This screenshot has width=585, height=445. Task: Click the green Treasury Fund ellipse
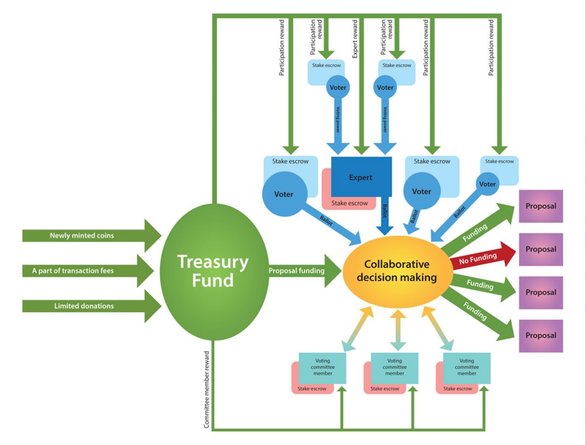tap(214, 271)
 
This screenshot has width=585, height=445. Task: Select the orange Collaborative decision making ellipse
tap(397, 271)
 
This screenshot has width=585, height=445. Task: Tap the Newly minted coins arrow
tap(92, 235)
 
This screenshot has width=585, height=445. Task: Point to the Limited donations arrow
tap(92, 307)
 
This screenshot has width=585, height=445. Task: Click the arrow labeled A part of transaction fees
tap(88, 271)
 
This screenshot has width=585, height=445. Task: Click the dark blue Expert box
tap(361, 177)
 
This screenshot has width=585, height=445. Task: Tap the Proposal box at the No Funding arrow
tap(541, 250)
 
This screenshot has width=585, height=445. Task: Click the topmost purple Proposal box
tap(541, 206)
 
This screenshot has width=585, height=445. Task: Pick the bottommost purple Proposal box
tap(541, 336)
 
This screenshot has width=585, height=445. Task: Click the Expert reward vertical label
tap(355, 39)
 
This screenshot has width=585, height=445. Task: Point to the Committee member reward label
tap(207, 390)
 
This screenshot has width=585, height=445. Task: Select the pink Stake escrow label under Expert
tap(349, 203)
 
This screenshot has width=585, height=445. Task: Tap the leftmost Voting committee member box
tap(322, 368)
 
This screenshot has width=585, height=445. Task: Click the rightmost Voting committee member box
tap(467, 368)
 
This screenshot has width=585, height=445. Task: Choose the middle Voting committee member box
tap(395, 368)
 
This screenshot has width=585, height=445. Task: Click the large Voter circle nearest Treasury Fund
tap(285, 194)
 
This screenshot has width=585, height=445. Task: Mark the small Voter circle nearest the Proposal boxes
tap(487, 184)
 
